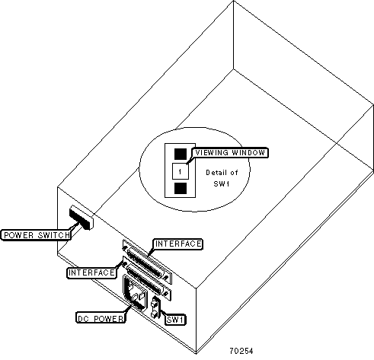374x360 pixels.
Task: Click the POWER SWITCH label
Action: [x=36, y=235]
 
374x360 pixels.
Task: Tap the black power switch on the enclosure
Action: [x=81, y=218]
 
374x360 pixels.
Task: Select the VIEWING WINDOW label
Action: [x=230, y=153]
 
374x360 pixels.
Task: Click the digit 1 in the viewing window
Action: [x=180, y=172]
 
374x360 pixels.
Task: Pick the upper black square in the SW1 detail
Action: [x=181, y=154]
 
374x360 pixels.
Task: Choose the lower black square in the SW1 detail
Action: [x=181, y=189]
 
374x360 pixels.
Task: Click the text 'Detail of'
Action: [x=222, y=173]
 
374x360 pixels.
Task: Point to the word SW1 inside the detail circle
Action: [x=222, y=183]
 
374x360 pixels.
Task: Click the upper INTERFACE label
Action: [x=178, y=244]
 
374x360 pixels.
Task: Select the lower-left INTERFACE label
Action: [x=91, y=272]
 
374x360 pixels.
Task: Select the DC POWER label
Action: [x=101, y=318]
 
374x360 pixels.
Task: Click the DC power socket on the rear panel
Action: [x=135, y=293]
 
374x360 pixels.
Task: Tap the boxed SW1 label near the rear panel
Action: [x=175, y=320]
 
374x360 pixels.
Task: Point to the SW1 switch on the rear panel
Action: [x=155, y=307]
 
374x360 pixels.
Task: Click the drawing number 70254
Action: [x=241, y=351]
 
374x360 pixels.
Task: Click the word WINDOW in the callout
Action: [x=248, y=153]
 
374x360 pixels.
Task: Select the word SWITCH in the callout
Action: [x=53, y=235]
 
